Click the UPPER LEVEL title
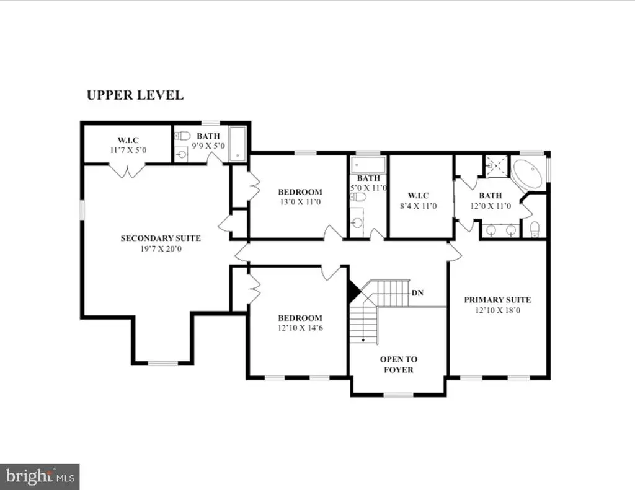[135, 95]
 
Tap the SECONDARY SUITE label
[161, 238]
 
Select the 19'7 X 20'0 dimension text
[161, 249]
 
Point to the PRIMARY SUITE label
[497, 300]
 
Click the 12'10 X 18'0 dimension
[497, 310]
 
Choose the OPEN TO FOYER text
[399, 365]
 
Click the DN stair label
[417, 292]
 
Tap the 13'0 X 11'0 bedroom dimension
[300, 202]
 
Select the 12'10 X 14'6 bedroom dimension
[300, 328]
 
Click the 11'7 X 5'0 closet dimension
[128, 150]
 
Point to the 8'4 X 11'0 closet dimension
[419, 206]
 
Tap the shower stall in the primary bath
[496, 166]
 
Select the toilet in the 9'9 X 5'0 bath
[183, 136]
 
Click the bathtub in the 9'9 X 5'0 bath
[238, 144]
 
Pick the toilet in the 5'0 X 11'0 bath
[358, 197]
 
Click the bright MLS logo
[40, 476]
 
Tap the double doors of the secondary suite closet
[127, 171]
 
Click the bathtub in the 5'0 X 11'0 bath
[368, 165]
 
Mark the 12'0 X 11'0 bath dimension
[491, 206]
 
